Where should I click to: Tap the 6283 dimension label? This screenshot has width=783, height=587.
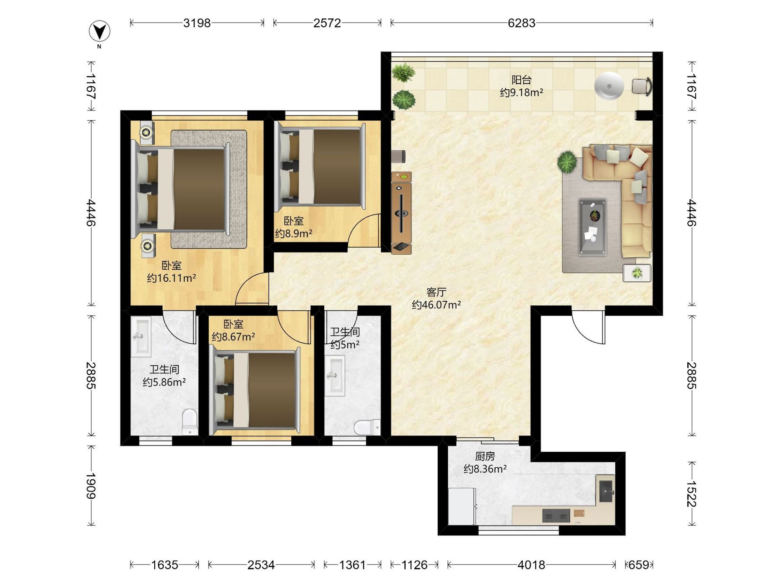pos(521,23)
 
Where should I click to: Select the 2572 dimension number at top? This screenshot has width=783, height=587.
pos(327,23)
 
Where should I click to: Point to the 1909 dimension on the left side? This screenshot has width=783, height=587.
pos(91,486)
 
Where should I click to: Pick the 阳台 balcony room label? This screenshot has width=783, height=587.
pos(521,80)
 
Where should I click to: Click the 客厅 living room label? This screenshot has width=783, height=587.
pos(437,292)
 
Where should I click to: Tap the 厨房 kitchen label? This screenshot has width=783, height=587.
pos(485,457)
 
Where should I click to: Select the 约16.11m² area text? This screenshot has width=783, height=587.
pos(171,278)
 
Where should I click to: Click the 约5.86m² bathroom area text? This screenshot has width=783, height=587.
pos(164,382)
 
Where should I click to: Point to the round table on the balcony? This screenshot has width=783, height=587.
pos(609,86)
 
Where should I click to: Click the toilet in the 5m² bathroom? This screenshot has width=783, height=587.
pos(367,427)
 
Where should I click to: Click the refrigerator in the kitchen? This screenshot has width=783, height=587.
pos(462,507)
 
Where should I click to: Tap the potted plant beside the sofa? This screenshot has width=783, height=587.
pos(567,162)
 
